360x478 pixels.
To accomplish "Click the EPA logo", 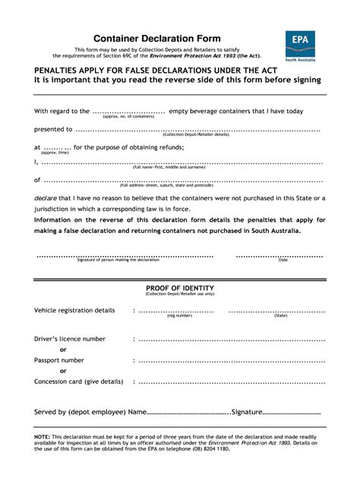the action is click(301, 46).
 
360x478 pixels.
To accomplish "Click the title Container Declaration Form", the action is click(157, 39).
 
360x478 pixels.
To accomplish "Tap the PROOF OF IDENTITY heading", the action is click(180, 288).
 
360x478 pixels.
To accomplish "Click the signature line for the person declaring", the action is click(125, 256).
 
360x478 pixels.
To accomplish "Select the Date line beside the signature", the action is click(283, 256).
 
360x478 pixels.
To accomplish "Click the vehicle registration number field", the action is click(179, 310).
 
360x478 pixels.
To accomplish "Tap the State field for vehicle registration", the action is click(280, 310).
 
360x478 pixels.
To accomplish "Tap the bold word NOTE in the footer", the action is click(43, 438).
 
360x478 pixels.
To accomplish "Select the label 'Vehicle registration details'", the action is click(74, 310).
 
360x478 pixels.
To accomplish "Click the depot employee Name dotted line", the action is click(188, 412).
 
